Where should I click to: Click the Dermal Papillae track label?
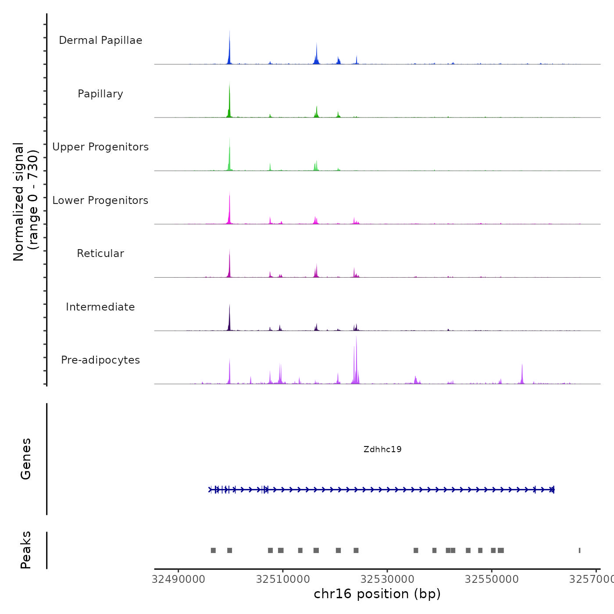point(100,40)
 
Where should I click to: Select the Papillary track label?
point(100,94)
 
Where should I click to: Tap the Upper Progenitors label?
point(100,147)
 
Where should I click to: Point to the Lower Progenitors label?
point(100,200)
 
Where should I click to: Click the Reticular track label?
point(100,253)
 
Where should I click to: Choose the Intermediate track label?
point(100,307)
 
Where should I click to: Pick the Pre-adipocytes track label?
point(100,360)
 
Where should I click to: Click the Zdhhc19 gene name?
point(382,449)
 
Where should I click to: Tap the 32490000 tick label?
point(178,579)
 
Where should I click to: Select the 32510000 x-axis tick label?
point(283,579)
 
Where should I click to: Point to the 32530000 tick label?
point(387,579)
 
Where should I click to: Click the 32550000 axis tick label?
point(492,579)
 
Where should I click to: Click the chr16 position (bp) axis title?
point(377,594)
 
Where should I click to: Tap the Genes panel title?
point(26,459)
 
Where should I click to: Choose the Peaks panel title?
point(26,550)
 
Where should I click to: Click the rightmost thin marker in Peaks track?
point(579,550)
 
